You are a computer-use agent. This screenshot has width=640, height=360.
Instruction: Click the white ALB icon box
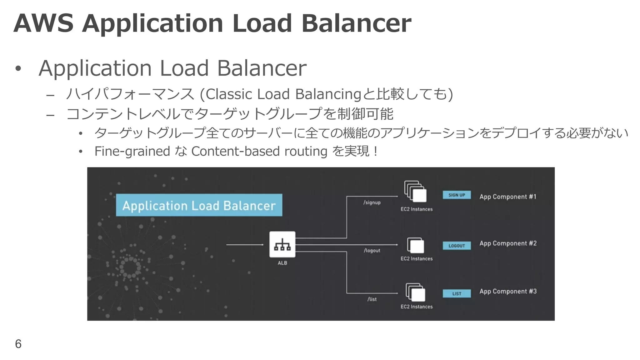282,244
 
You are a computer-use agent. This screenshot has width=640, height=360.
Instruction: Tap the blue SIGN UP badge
457,195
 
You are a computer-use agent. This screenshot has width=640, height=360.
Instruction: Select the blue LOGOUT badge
457,246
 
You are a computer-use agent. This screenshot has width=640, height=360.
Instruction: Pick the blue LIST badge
457,294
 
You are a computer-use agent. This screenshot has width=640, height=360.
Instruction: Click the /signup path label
372,202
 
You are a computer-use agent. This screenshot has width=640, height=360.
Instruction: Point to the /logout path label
372,251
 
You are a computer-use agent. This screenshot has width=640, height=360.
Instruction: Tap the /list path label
372,299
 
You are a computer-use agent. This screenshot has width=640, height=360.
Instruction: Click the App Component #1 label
508,197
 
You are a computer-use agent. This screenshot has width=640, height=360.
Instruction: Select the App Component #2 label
508,243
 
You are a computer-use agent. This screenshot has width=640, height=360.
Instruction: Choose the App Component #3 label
508,292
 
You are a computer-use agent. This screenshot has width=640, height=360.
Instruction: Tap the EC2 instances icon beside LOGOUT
416,245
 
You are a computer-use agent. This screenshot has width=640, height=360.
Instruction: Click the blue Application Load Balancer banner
199,205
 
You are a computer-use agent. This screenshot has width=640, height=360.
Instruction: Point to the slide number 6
18,344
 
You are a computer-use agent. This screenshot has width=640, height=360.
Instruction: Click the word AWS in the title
43,23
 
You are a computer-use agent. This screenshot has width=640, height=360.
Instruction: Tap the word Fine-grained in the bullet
132,151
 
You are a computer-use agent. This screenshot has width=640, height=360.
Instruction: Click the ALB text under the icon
282,263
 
